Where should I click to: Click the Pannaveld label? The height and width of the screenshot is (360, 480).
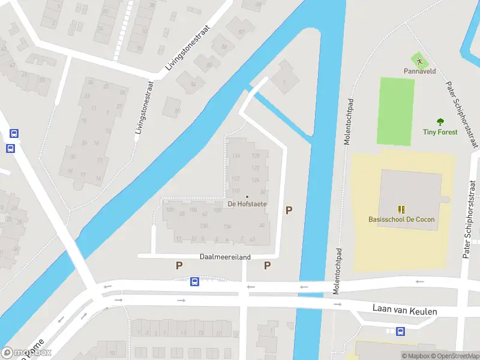[419, 71]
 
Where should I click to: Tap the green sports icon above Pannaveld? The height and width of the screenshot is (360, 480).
[419, 60]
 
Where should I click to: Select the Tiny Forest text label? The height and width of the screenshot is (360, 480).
[440, 132]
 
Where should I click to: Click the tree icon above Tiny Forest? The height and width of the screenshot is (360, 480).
[440, 122]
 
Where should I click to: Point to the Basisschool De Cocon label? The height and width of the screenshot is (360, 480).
[401, 219]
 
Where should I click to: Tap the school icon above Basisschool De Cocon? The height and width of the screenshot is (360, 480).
[401, 209]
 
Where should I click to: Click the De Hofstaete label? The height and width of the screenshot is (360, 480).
[247, 204]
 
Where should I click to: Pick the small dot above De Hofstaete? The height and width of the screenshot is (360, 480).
[247, 196]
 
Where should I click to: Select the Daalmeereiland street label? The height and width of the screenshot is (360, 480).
[225, 256]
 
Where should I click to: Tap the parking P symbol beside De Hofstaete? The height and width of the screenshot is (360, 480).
[289, 211]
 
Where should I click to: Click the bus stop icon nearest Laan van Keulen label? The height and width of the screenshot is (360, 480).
[400, 331]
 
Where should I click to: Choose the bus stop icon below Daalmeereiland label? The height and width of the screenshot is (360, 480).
[194, 281]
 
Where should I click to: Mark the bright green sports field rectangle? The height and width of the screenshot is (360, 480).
[395, 111]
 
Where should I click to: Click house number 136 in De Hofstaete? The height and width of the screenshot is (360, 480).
[204, 226]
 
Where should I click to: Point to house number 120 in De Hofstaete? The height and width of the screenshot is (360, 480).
[256, 156]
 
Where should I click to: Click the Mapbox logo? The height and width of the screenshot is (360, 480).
[26, 353]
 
